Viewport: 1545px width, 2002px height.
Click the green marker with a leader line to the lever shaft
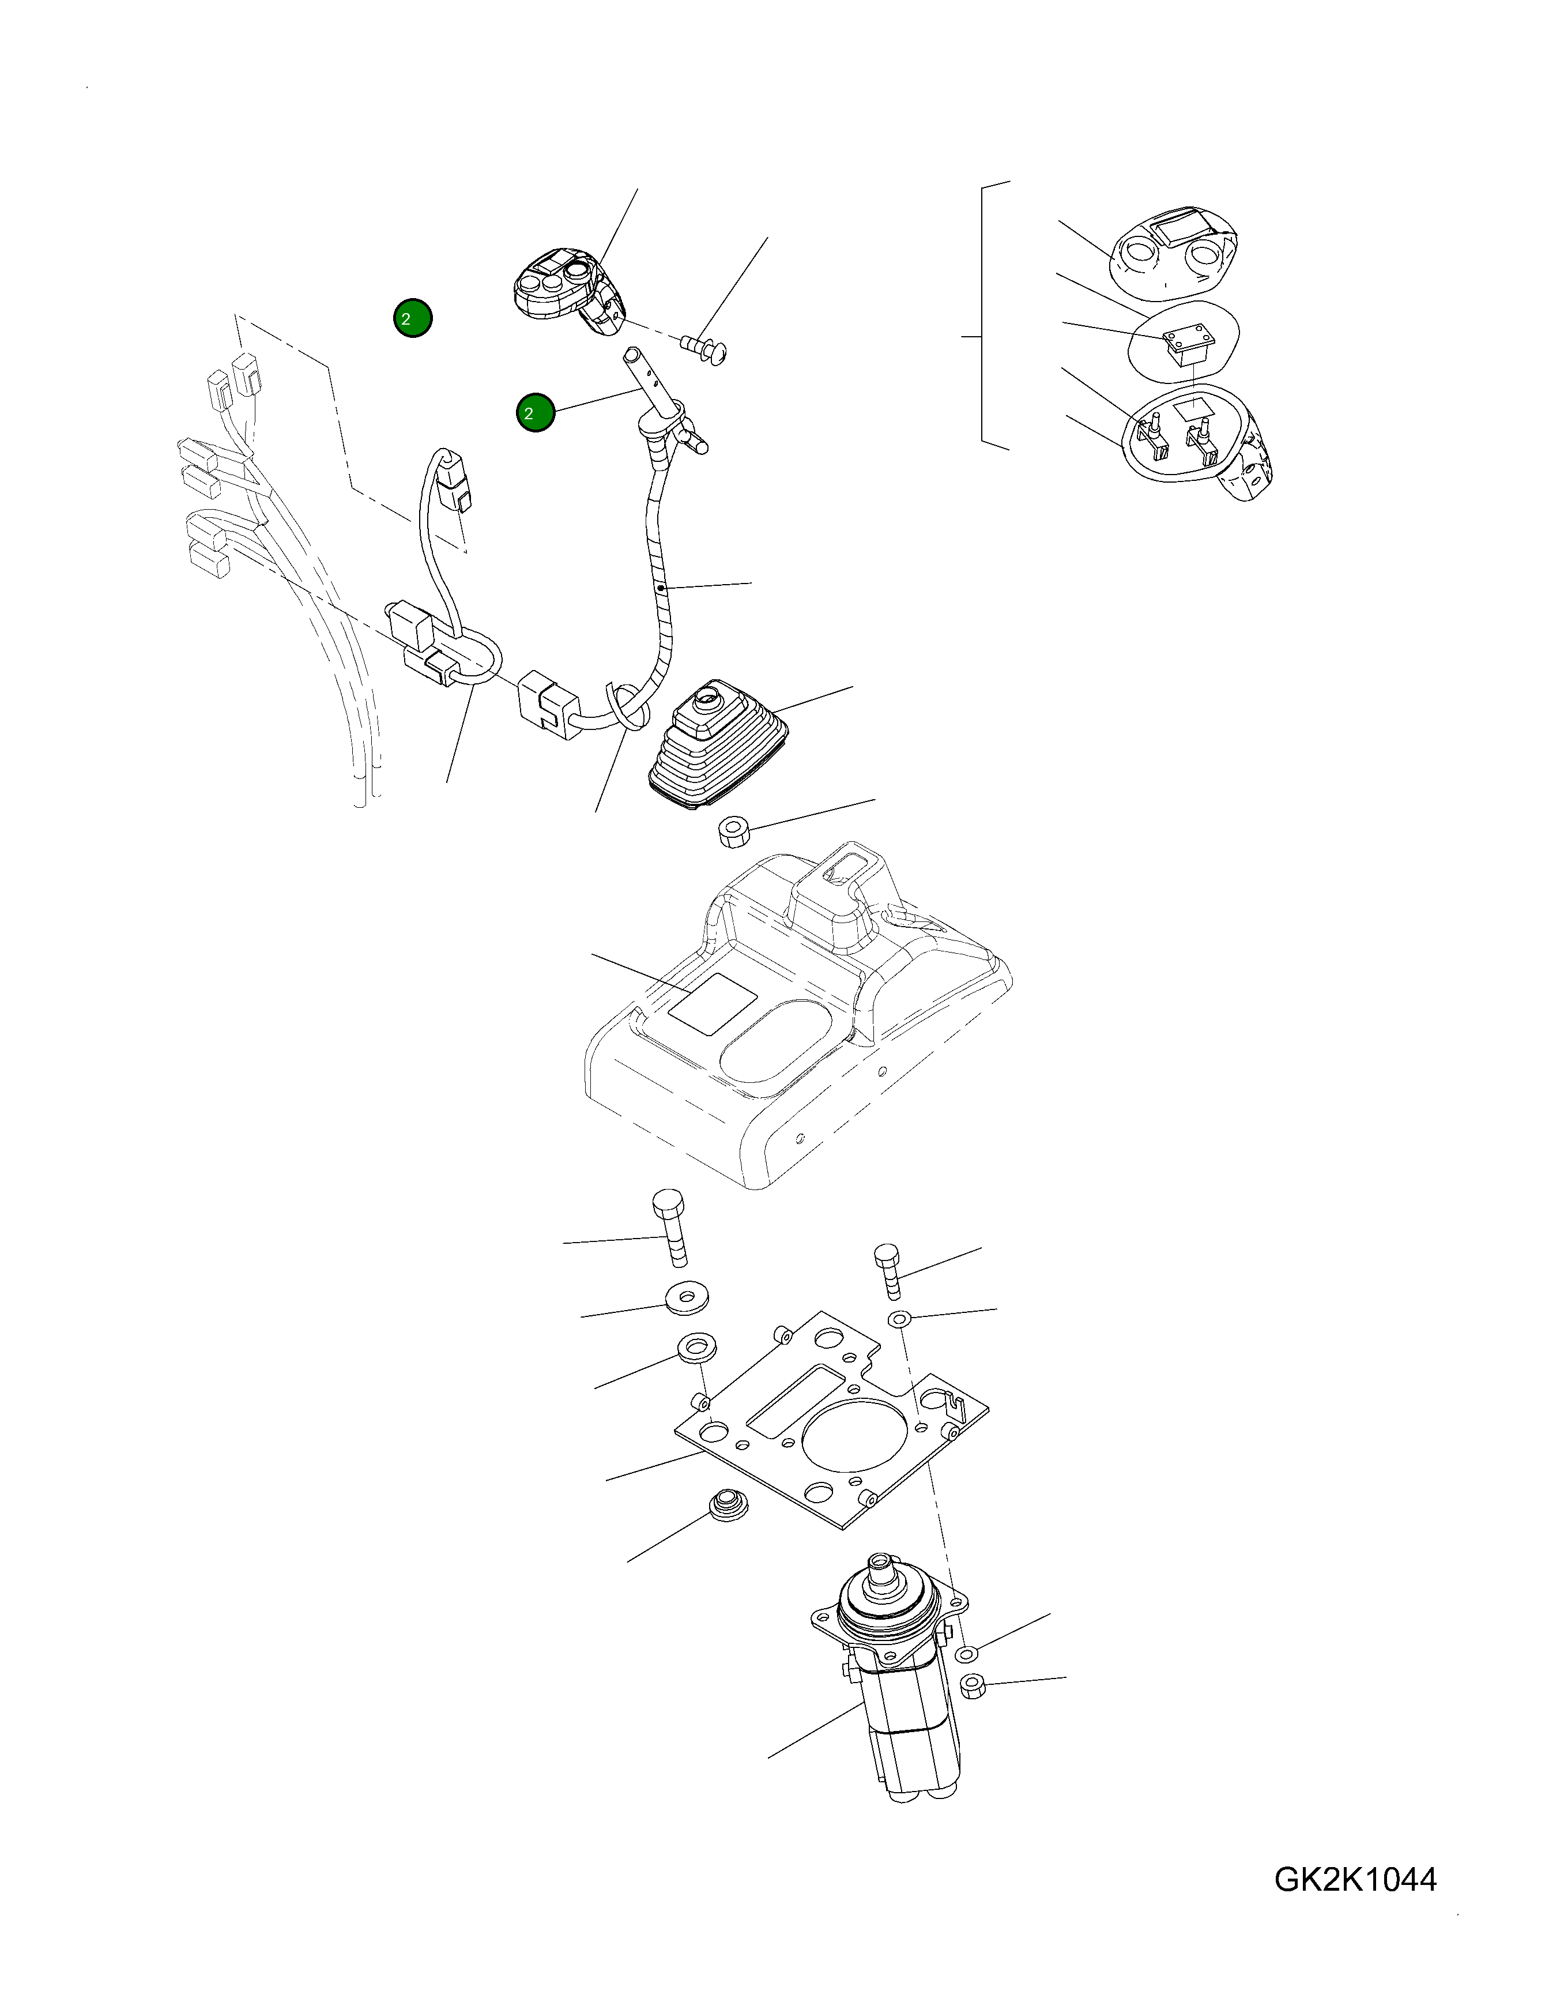click(x=536, y=413)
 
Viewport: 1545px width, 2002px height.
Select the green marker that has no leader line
click(x=412, y=319)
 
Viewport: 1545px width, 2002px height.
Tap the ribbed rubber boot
click(x=718, y=748)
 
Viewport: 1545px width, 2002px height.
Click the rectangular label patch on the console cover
click(x=712, y=1006)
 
